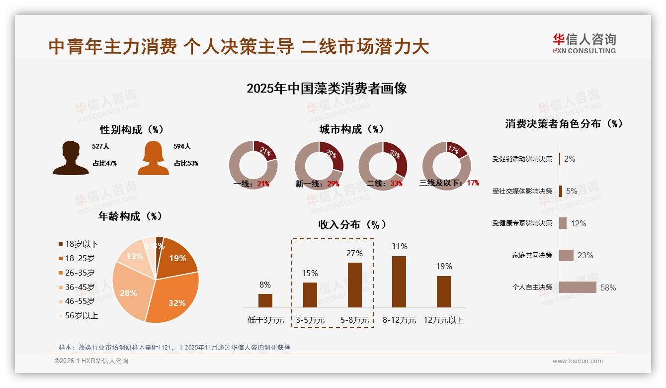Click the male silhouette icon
click(71, 159)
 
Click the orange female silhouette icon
click(153, 159)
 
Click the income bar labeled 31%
click(399, 282)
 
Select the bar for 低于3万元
click(265, 300)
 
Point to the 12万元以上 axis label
click(443, 320)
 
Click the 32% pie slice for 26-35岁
click(174, 298)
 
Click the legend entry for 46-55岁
click(80, 301)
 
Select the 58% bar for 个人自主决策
click(578, 287)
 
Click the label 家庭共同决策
click(532, 255)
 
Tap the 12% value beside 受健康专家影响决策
click(578, 223)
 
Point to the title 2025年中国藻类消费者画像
click(327, 89)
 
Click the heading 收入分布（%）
click(352, 224)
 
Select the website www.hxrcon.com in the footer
click(578, 361)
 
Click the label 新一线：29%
click(317, 184)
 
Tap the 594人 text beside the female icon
click(182, 147)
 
